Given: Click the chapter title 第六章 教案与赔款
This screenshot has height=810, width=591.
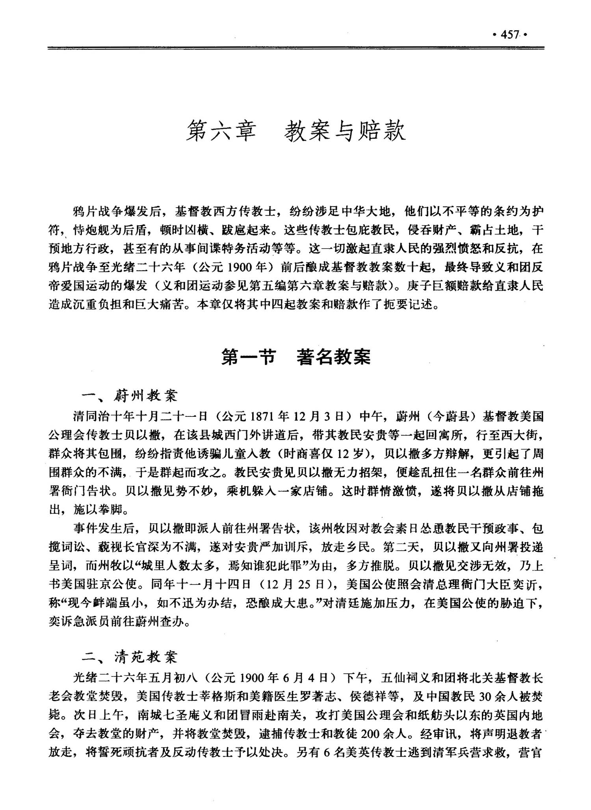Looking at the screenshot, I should point(295,131).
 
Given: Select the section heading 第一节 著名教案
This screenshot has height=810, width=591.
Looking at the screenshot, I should point(295,357).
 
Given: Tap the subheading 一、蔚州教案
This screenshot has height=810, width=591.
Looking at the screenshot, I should point(130,396).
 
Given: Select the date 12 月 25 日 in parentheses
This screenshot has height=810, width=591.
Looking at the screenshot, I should point(291,584).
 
